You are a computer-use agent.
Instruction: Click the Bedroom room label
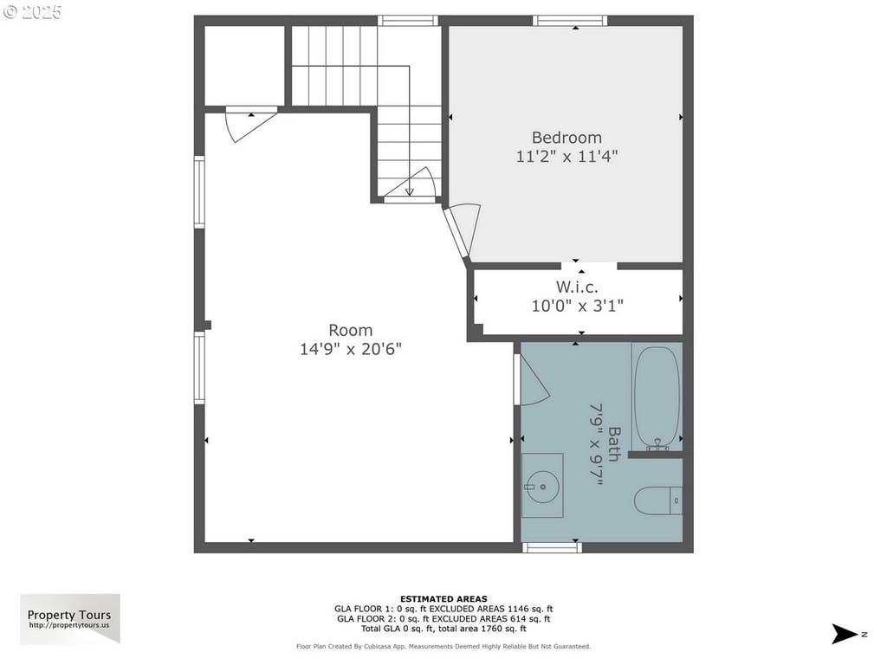[x=567, y=138]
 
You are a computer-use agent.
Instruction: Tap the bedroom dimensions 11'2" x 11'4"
[x=567, y=156]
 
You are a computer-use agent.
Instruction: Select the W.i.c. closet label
[x=577, y=287]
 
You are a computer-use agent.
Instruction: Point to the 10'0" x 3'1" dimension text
[x=577, y=306]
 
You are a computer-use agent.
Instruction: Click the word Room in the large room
[x=351, y=330]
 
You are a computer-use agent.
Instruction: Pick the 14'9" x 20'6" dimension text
[x=351, y=349]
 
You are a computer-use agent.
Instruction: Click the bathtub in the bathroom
[x=657, y=397]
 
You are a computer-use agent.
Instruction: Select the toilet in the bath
[x=658, y=500]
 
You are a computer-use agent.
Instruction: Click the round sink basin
[x=542, y=487]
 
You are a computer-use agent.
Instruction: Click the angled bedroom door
[x=463, y=232]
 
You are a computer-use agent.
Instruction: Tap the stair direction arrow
[x=409, y=192]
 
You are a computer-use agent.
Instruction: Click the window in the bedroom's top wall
[x=570, y=21]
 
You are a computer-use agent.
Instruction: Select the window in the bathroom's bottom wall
[x=552, y=547]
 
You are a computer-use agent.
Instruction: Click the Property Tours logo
[x=70, y=618]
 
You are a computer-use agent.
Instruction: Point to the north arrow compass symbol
[x=845, y=634]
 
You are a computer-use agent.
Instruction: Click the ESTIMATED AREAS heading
[x=443, y=599]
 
